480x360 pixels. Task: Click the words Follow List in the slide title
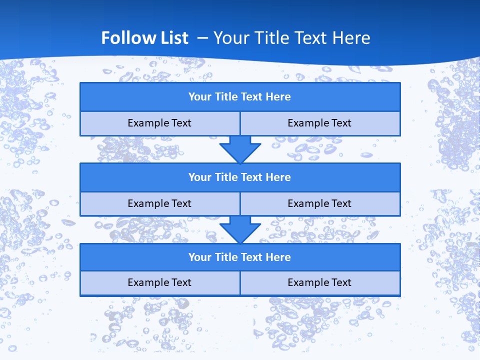tap(144, 38)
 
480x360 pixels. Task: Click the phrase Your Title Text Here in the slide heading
tap(291, 38)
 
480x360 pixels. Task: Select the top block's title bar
tap(240, 97)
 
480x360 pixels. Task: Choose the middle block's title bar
tap(240, 177)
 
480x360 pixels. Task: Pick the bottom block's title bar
tap(240, 257)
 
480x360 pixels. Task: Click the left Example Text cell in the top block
tap(159, 123)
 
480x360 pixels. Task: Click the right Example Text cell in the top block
tap(320, 123)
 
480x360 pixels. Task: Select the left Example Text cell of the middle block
tap(159, 203)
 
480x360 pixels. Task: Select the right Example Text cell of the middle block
tap(320, 203)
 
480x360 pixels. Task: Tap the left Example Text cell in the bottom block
tap(159, 282)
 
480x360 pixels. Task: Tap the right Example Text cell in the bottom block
tap(320, 282)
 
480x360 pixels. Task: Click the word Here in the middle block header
tap(278, 177)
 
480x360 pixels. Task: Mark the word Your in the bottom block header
tap(199, 257)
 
